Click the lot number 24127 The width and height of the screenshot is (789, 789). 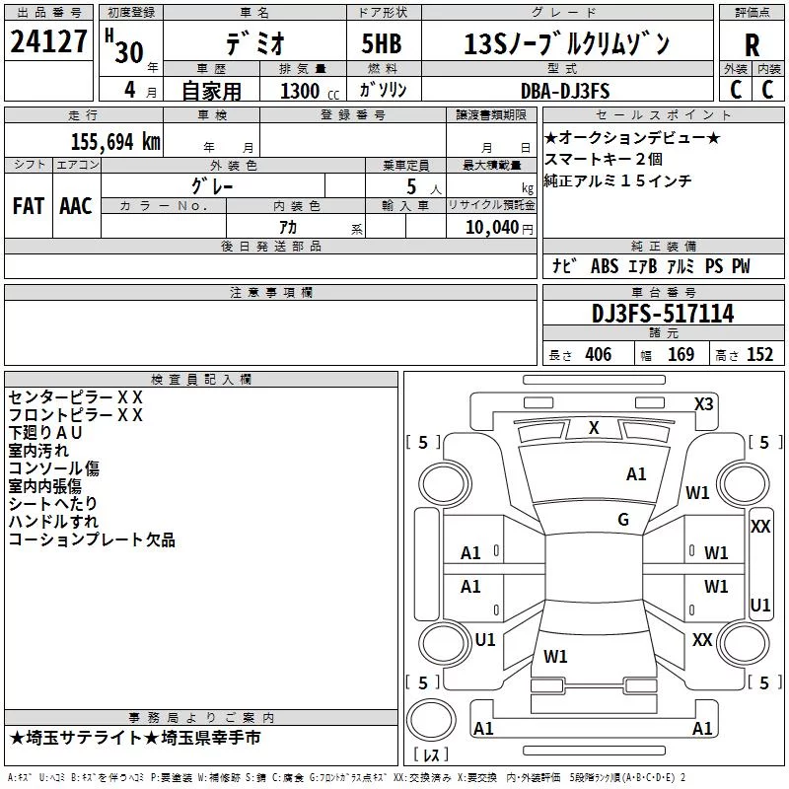48,41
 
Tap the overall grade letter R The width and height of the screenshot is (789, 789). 752,45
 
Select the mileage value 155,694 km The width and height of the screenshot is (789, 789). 115,142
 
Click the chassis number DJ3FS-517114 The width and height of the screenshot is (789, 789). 663,314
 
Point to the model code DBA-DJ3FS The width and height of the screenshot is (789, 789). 565,91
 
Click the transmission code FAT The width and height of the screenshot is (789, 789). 29,206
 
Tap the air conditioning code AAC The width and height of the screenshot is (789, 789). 76,206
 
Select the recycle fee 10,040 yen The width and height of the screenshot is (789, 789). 499,228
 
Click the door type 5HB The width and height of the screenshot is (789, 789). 382,43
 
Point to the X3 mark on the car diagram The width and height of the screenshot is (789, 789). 703,404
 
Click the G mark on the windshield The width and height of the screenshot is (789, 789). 623,520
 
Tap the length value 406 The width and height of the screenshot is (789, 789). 599,354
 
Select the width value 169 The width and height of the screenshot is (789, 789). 681,354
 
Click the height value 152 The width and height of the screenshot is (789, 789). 759,354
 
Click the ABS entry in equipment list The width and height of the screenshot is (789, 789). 605,266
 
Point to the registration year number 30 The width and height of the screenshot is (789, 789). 129,52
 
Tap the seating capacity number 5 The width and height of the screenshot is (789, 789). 411,187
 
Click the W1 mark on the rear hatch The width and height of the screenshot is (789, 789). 555,657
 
